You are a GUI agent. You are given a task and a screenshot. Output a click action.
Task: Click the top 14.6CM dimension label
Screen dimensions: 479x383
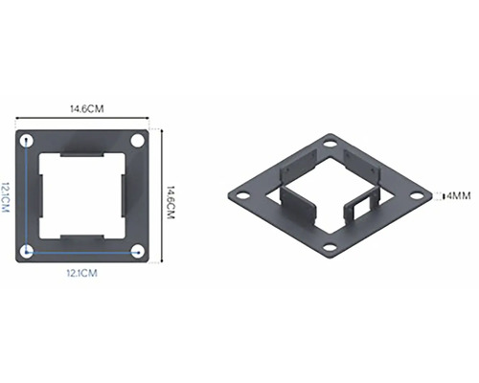click(x=87, y=109)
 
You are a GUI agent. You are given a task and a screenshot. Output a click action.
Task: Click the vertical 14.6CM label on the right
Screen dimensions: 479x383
click(x=171, y=202)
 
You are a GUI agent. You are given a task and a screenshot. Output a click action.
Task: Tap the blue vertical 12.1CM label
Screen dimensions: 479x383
click(x=5, y=197)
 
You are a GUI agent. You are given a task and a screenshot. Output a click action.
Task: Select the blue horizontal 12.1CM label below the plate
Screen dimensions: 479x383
click(x=81, y=273)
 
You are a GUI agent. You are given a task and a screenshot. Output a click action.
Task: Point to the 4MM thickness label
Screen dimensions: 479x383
click(x=459, y=195)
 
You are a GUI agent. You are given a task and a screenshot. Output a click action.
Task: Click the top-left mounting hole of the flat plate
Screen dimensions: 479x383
click(x=27, y=141)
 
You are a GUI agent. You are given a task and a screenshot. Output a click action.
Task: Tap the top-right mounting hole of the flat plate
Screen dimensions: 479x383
click(x=137, y=141)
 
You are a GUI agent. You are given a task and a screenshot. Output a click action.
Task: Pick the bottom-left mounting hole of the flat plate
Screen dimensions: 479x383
click(x=27, y=252)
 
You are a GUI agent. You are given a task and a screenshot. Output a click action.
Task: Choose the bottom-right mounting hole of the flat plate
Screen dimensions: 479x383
click(x=138, y=252)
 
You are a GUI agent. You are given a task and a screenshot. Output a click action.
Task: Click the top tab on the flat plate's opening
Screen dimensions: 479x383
click(x=82, y=154)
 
